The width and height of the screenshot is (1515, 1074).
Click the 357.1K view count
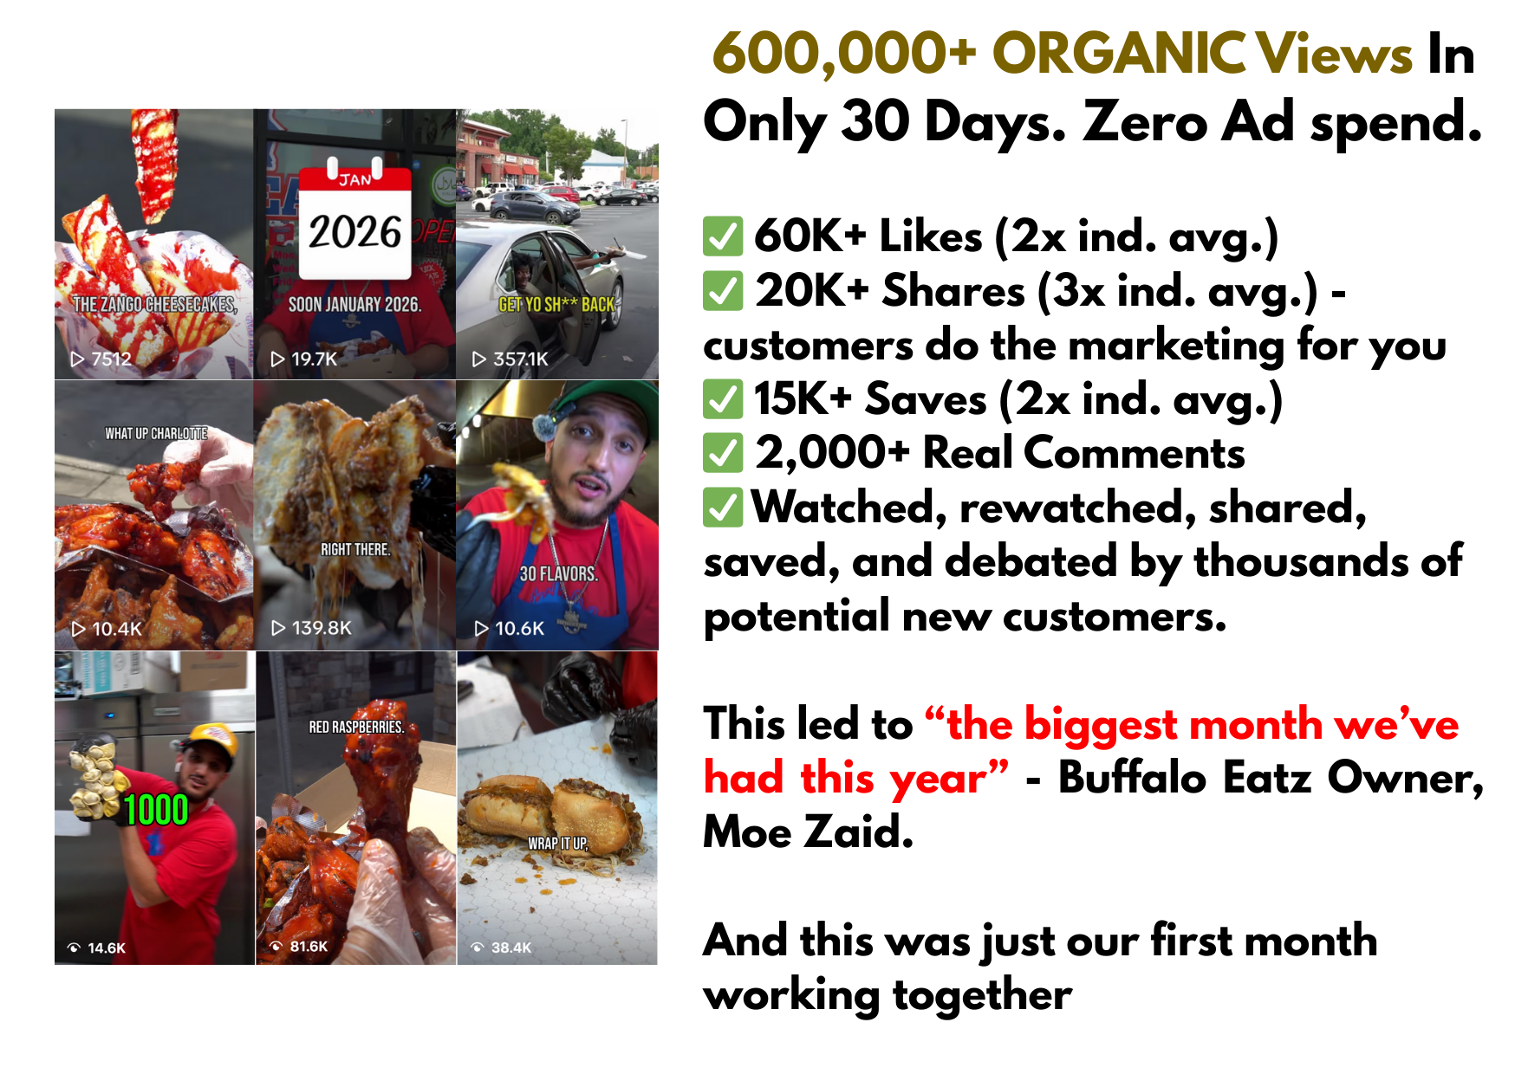tap(521, 359)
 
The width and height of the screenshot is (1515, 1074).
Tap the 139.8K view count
tap(322, 628)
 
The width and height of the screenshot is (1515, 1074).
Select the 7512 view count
tap(112, 359)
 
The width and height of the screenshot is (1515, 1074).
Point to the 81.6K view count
tap(309, 947)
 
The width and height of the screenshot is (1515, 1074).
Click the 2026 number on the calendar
tap(355, 232)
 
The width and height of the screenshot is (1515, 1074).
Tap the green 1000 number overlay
tap(156, 810)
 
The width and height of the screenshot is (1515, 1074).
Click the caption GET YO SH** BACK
tap(556, 305)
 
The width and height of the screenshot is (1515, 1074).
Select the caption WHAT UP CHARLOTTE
tap(156, 433)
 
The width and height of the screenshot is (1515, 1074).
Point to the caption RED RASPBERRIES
tap(356, 727)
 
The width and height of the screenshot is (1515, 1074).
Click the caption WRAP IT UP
tap(558, 843)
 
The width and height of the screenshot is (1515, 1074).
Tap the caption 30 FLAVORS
tap(558, 573)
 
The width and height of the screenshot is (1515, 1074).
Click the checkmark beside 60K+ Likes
tap(722, 236)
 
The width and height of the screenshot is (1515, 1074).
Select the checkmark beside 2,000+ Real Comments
tap(722, 453)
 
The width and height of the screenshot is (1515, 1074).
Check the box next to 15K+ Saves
tap(722, 399)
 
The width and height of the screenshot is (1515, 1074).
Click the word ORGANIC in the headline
tap(1118, 54)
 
